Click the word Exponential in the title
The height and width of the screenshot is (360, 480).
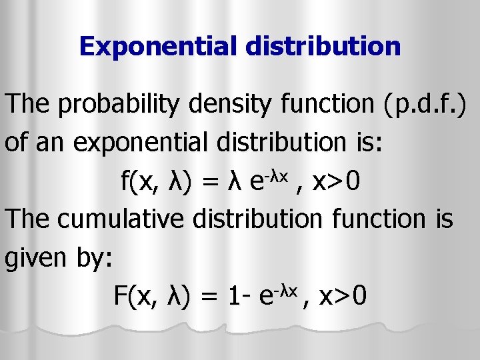pos(160,46)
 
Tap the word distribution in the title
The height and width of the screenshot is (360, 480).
pos(325,46)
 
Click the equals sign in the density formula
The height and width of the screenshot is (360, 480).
pos(213,181)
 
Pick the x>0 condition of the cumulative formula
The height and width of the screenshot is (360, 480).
pos(343,295)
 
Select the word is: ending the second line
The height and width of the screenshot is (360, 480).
pos(369,142)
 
